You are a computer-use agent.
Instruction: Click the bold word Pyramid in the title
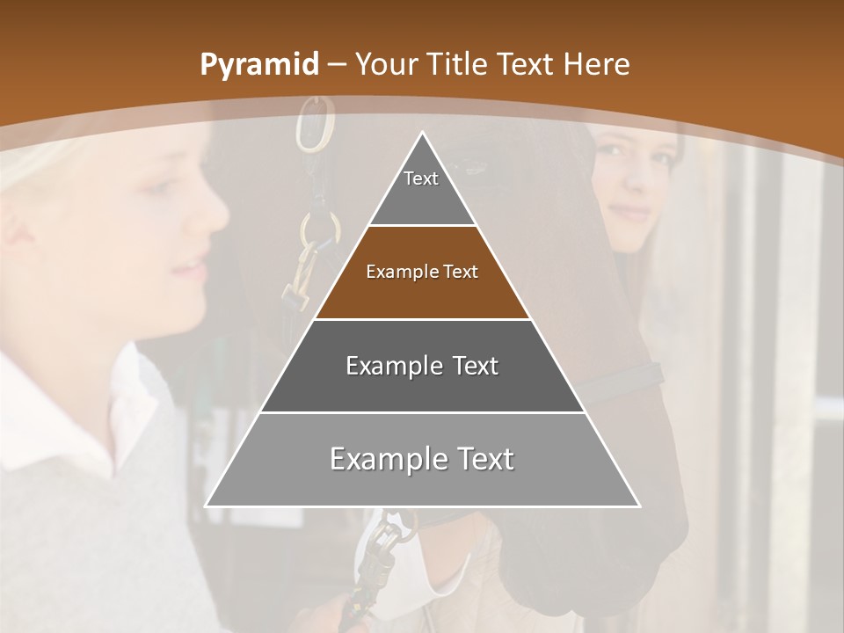tap(259, 65)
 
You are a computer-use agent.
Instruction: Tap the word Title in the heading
tap(457, 65)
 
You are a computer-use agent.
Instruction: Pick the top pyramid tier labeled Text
tap(422, 189)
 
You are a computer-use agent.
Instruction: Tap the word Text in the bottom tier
tap(479, 459)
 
